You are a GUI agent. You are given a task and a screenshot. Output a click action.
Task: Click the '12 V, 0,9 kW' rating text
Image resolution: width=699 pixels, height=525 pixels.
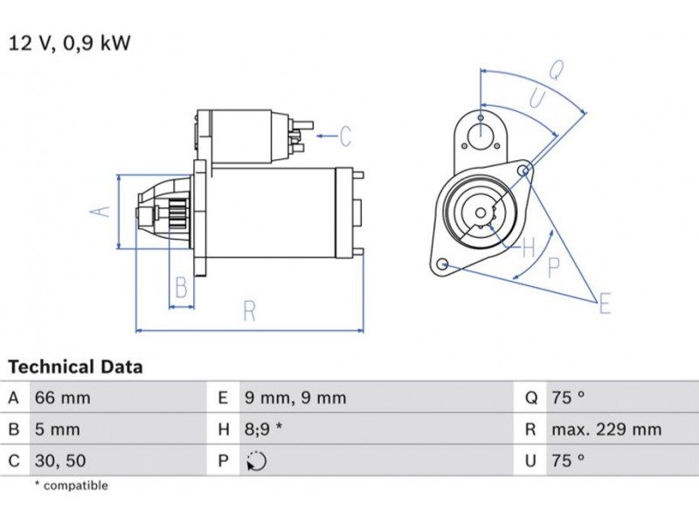[69, 42]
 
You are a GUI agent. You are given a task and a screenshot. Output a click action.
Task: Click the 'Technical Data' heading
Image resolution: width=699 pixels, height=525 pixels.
[75, 367]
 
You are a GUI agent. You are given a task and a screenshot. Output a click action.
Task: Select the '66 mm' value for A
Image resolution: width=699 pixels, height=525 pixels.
[62, 398]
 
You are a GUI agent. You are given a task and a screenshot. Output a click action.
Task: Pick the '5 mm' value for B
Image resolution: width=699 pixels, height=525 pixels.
[57, 430]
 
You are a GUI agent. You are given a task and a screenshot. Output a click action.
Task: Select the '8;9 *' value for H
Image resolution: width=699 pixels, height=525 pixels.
[267, 430]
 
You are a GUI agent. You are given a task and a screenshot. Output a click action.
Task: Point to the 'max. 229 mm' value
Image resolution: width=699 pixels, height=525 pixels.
[606, 430]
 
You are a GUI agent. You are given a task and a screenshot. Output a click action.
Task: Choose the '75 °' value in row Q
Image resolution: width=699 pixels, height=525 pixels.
[568, 398]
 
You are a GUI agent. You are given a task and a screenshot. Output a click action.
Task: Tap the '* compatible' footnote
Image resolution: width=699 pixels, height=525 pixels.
[71, 486]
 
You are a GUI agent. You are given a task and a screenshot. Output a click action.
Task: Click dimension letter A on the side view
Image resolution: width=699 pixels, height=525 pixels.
[101, 211]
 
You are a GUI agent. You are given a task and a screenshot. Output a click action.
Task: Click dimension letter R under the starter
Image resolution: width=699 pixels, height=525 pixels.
[249, 311]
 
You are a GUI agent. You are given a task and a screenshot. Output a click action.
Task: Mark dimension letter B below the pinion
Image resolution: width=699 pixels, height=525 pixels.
[182, 286]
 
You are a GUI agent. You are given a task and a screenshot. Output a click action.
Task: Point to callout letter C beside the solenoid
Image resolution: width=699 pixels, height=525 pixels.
[344, 136]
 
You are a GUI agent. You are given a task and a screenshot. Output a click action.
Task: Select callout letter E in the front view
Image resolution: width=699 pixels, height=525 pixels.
[605, 304]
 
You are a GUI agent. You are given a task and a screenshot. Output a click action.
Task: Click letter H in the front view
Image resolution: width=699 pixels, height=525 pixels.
[528, 248]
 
